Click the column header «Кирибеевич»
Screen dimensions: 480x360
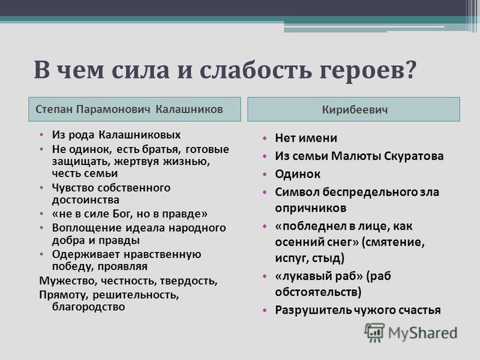coord(355,110)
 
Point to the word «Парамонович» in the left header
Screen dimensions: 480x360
coord(113,109)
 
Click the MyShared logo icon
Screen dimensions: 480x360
coord(374,332)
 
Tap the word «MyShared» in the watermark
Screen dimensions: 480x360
coord(422,333)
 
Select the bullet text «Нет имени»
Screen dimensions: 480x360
coord(306,138)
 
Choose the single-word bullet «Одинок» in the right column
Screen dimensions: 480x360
coord(298,174)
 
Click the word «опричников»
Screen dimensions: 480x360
coord(310,208)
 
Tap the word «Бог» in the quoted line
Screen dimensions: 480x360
coord(123,214)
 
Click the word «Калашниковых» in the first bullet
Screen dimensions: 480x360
coord(140,134)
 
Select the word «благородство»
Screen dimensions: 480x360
coord(88,307)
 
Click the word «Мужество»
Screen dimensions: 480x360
coord(68,281)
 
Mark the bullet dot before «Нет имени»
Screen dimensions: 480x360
coord(265,139)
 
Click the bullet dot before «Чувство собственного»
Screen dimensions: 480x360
coord(41,187)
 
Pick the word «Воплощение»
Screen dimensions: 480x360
coord(87,229)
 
